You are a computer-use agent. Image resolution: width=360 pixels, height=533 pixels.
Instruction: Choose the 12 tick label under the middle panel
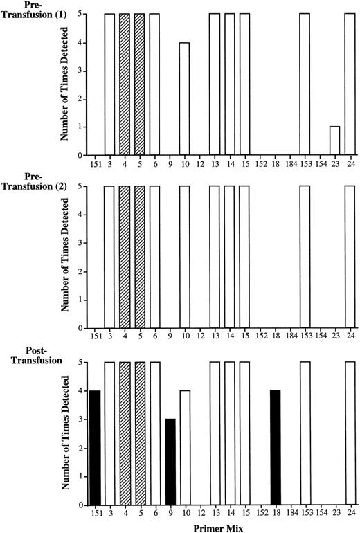[199, 337]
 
